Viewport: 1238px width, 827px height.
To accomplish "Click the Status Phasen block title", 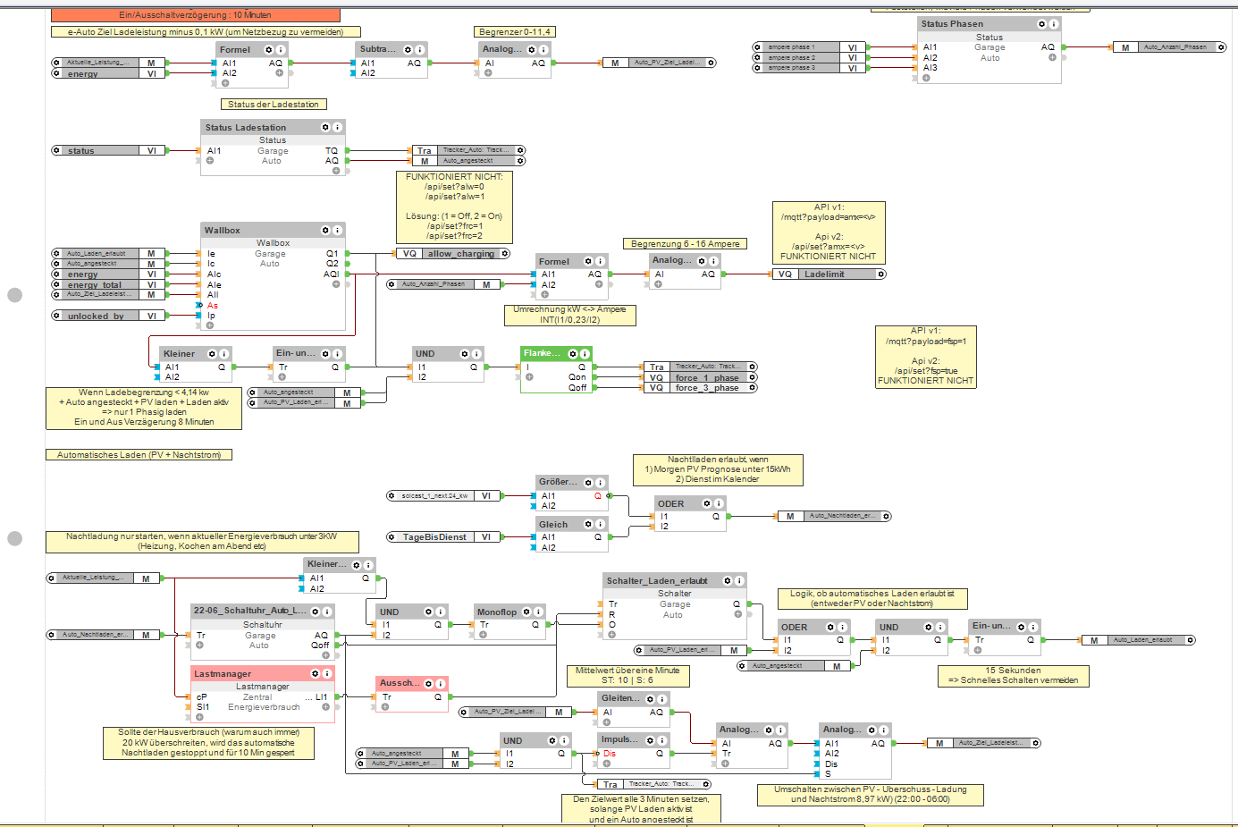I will pyautogui.click(x=952, y=24).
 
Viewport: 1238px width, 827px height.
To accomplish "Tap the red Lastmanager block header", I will pyautogui.click(x=223, y=673).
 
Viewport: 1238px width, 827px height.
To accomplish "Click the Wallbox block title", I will pyautogui.click(x=223, y=231).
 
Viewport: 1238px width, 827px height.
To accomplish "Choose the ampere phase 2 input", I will pyautogui.click(x=809, y=57).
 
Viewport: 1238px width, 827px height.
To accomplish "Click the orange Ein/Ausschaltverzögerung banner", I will pyautogui.click(x=195, y=15).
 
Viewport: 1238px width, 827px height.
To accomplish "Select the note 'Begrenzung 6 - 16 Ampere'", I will pyautogui.click(x=685, y=244).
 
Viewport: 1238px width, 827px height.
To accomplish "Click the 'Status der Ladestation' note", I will pyautogui.click(x=273, y=105).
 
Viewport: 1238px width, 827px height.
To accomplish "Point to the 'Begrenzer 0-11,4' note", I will pyautogui.click(x=515, y=32).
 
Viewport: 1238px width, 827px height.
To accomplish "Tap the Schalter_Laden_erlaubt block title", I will pyautogui.click(x=657, y=581).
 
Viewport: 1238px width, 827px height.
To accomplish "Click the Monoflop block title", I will pyautogui.click(x=497, y=612).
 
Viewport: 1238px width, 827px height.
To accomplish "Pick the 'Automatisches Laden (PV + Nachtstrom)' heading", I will pyautogui.click(x=139, y=455).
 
